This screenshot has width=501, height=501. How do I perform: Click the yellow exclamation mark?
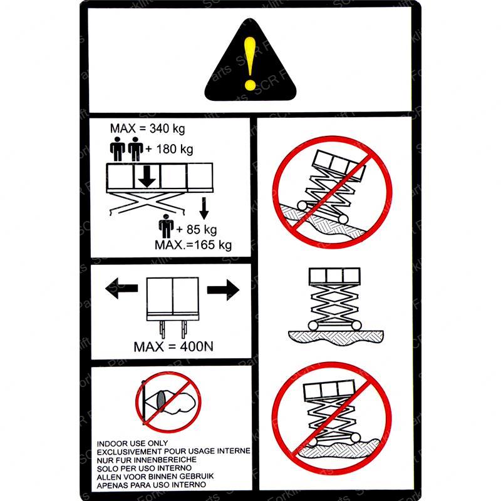[x=250, y=63]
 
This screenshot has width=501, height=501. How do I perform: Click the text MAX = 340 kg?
[x=148, y=128]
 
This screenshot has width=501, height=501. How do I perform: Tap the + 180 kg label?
[x=169, y=149]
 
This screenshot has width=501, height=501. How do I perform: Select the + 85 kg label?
[x=197, y=229]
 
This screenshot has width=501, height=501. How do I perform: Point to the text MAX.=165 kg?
[x=194, y=245]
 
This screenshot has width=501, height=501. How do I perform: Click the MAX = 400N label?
[x=173, y=347]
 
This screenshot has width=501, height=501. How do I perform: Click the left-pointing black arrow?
[x=121, y=288]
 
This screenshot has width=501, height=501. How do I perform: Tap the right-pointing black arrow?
[x=223, y=289]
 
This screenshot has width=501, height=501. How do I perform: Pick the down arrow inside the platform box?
[x=147, y=176]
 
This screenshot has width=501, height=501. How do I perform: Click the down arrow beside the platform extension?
[x=204, y=209]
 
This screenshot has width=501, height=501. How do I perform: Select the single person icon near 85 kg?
[x=166, y=226]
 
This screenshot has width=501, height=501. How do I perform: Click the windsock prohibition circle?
[x=168, y=402]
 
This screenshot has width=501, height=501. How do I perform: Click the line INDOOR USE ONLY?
[x=132, y=443]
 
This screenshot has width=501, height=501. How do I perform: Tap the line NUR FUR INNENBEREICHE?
[x=147, y=460]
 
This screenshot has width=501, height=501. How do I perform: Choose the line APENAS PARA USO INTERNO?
[x=152, y=485]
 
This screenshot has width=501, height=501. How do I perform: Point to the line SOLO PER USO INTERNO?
[x=145, y=468]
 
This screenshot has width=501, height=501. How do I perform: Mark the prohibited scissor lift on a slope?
[x=333, y=192]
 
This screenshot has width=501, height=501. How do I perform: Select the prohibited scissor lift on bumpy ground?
[x=332, y=418]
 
